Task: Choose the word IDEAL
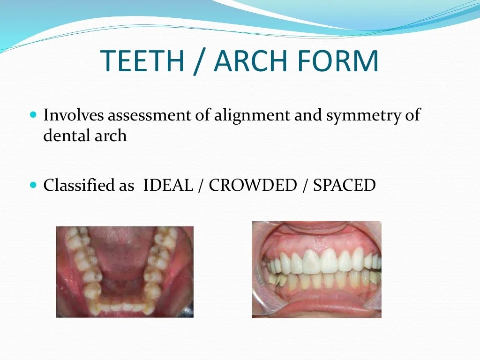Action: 168,186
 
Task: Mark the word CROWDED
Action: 253,186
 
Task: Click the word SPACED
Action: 345,186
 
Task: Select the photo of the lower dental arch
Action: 124,272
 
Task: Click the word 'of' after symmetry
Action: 413,115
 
